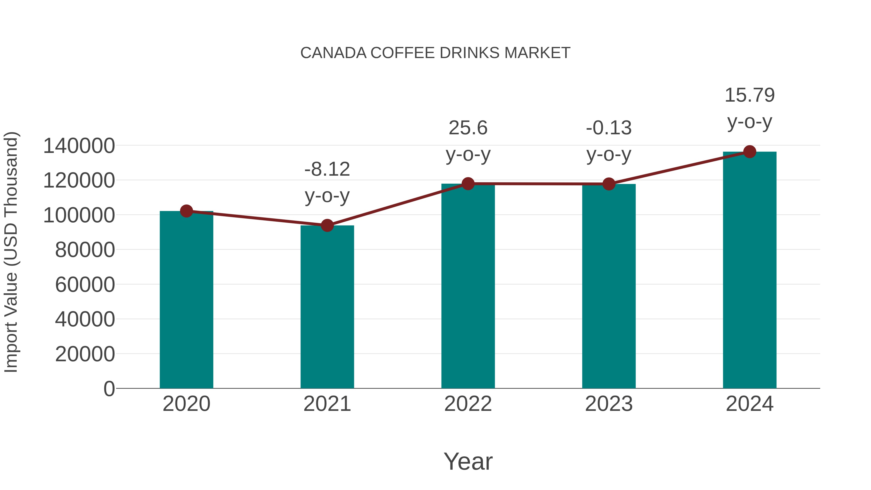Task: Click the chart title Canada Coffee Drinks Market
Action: pyautogui.click(x=435, y=53)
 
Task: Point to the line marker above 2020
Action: pyautogui.click(x=186, y=211)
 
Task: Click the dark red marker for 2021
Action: pyautogui.click(x=327, y=225)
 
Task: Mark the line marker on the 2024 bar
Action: pyautogui.click(x=750, y=152)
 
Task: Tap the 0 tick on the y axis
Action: pyautogui.click(x=109, y=389)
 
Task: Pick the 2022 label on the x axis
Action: pyautogui.click(x=468, y=404)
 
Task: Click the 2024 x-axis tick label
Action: pyautogui.click(x=749, y=404)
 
